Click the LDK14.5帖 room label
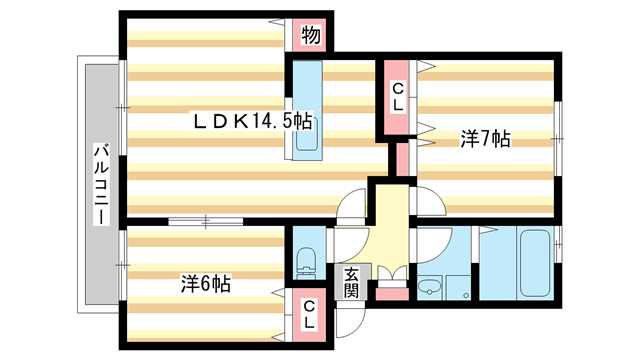coord(253,121)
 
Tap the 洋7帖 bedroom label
coord(485,139)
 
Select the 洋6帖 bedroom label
coord(206,284)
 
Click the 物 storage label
coord(311,37)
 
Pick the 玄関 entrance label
coord(352,282)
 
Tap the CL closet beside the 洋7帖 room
coord(398,98)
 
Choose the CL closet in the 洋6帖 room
coord(310,314)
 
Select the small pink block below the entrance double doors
coord(392,294)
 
